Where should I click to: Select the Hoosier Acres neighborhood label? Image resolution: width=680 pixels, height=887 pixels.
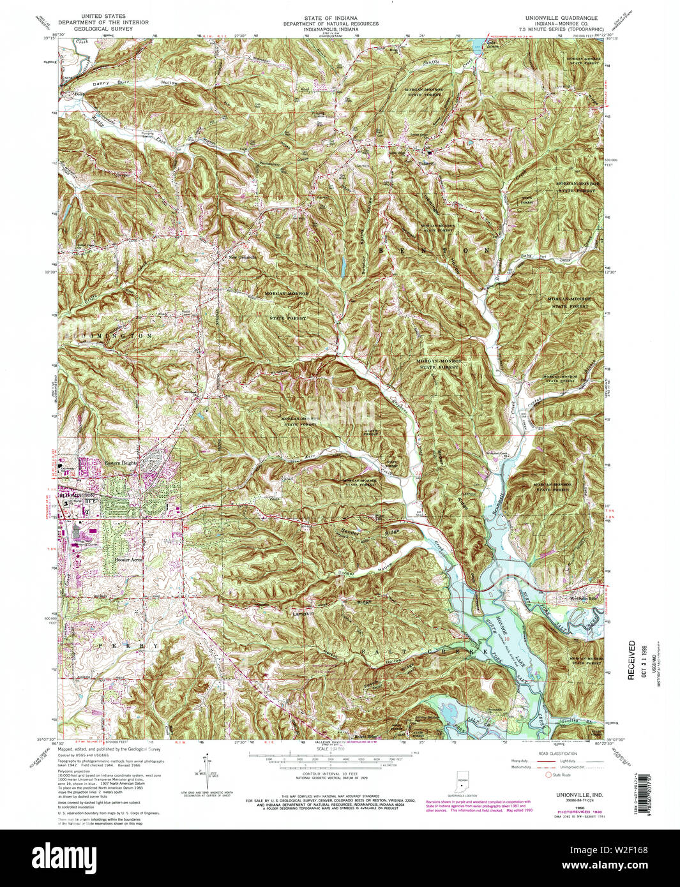pos(128,559)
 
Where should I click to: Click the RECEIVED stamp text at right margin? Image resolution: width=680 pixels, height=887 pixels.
pos(631,660)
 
